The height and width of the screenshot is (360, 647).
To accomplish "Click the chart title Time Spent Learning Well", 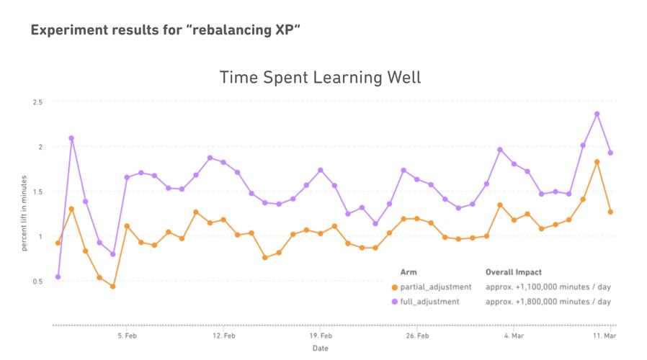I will [320, 77].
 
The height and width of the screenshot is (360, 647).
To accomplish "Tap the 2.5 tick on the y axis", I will [37, 102].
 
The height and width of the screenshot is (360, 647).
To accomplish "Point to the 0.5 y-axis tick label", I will [37, 281].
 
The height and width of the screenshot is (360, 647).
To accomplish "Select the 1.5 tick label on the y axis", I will [37, 192].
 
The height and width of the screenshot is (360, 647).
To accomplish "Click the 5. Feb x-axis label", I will [127, 336].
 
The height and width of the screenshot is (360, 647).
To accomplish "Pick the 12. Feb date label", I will [224, 336].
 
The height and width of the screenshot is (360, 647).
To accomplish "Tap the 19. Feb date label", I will [321, 336].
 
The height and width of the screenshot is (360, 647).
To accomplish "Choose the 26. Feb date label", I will [418, 336].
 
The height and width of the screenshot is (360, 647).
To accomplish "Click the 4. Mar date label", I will [514, 336].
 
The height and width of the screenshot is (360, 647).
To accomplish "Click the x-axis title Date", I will [321, 348].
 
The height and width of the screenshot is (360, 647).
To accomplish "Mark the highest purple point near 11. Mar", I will [597, 114].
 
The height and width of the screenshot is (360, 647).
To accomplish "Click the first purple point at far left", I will [58, 276].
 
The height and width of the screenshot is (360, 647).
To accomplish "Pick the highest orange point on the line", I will [597, 162].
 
